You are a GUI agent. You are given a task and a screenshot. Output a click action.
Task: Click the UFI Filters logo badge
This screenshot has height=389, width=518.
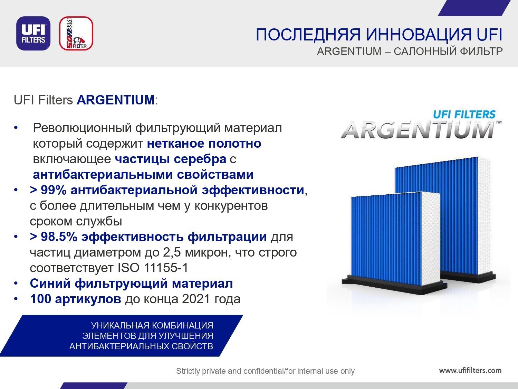point(33,33)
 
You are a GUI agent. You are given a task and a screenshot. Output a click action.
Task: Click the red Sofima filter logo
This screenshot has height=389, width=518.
point(76,33)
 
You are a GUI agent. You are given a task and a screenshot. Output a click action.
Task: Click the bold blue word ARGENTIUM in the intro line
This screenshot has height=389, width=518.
point(116,100)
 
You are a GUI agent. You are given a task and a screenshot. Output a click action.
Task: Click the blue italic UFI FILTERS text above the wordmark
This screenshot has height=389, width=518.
point(464,114)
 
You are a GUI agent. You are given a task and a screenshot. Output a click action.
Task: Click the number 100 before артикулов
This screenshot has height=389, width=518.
point(40,299)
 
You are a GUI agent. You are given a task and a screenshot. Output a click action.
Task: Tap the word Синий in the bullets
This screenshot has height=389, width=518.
point(50,284)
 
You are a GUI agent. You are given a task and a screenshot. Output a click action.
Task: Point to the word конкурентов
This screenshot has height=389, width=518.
point(231,206)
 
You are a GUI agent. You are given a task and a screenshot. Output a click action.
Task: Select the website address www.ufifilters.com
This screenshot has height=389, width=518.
point(470,370)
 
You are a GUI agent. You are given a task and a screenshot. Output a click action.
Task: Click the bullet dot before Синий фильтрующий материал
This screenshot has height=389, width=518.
point(16,284)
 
